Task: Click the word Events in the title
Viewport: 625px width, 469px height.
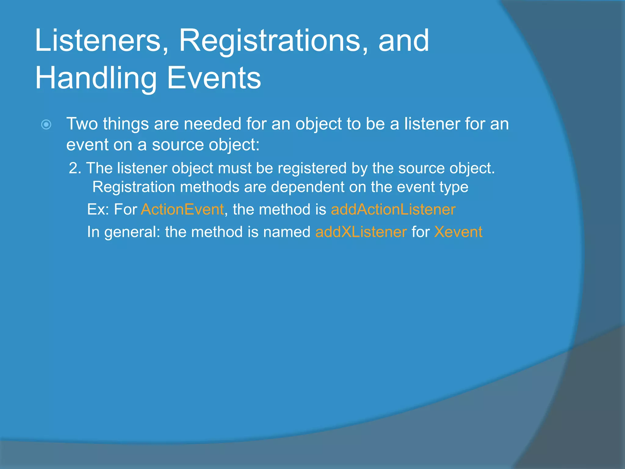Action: coord(214,78)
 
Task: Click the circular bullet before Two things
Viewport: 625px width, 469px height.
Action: coord(46,125)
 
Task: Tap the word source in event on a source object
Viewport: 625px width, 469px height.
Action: coord(178,144)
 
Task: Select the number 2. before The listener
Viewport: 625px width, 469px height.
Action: coord(75,168)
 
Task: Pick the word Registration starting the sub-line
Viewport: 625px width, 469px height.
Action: coord(134,187)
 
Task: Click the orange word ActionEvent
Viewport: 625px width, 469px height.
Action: coord(182,209)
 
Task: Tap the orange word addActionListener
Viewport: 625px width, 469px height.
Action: coord(393,209)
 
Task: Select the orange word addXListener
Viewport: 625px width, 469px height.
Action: coord(361,232)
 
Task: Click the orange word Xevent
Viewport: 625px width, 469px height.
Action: coord(458,232)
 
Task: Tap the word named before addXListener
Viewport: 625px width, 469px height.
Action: coord(286,232)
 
